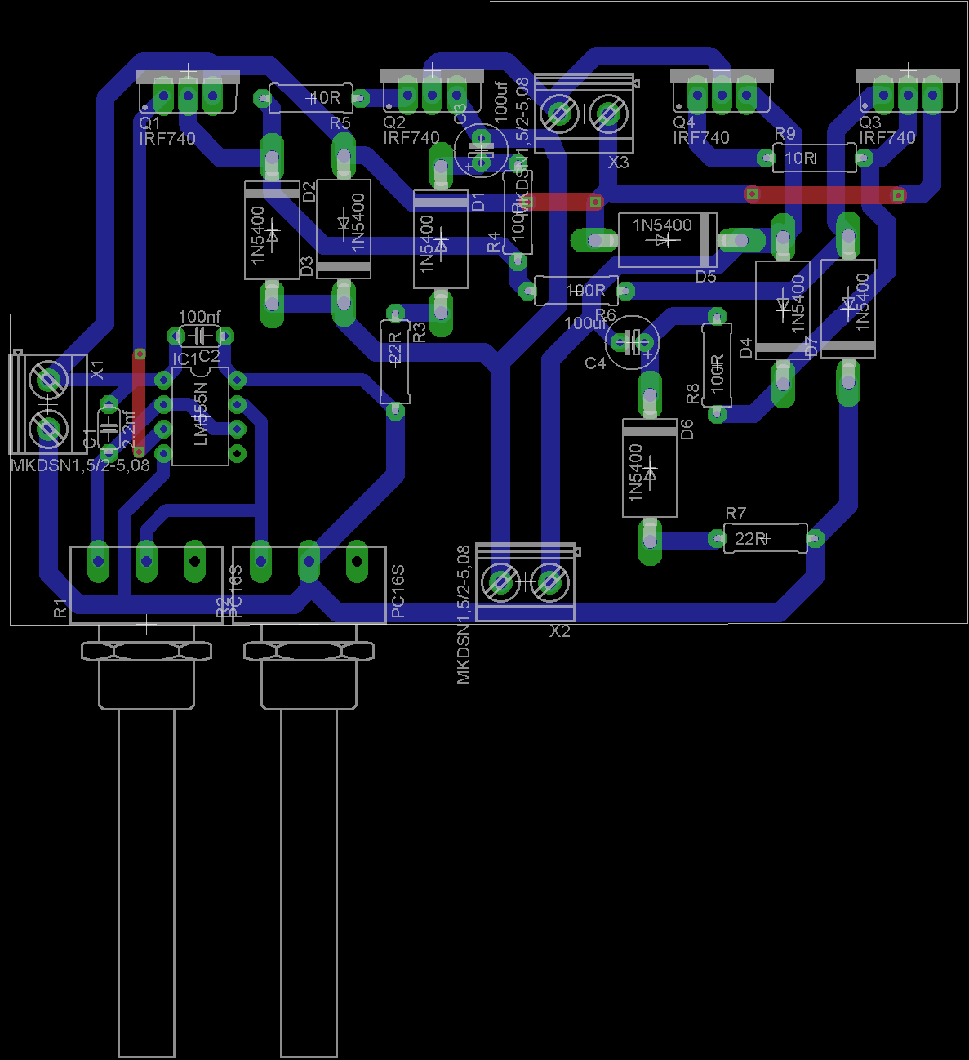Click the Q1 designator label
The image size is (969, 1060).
[150, 123]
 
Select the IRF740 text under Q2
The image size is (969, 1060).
[411, 138]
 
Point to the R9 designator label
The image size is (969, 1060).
[785, 133]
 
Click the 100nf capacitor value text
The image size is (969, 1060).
[199, 317]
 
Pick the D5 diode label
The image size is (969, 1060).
[705, 277]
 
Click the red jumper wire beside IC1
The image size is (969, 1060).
[140, 403]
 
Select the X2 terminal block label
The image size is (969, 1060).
[560, 631]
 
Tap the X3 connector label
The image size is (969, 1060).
[619, 163]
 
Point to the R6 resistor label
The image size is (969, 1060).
[606, 314]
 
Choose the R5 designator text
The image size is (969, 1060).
[340, 123]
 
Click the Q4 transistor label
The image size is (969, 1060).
[684, 122]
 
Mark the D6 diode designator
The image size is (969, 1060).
[687, 429]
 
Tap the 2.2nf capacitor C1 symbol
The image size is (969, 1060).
[108, 425]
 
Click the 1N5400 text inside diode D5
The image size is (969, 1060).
[662, 225]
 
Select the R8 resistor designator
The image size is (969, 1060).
[692, 394]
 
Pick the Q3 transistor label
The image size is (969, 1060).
[870, 122]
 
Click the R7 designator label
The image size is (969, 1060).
[736, 514]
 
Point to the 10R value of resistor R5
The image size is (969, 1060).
[324, 98]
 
